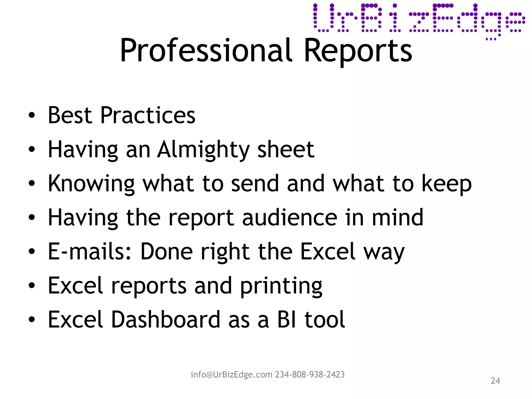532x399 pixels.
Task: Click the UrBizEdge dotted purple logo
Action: coord(419,20)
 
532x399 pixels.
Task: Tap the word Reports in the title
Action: coord(358,50)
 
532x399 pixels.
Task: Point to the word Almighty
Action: coord(203,150)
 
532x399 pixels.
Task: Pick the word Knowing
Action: coord(91,184)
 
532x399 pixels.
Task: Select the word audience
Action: coord(290,217)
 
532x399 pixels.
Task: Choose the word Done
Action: coord(167,251)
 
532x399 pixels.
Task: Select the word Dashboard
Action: coord(166,320)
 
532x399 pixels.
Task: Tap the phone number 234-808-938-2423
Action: coord(310,375)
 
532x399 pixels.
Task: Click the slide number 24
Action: coord(495,381)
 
